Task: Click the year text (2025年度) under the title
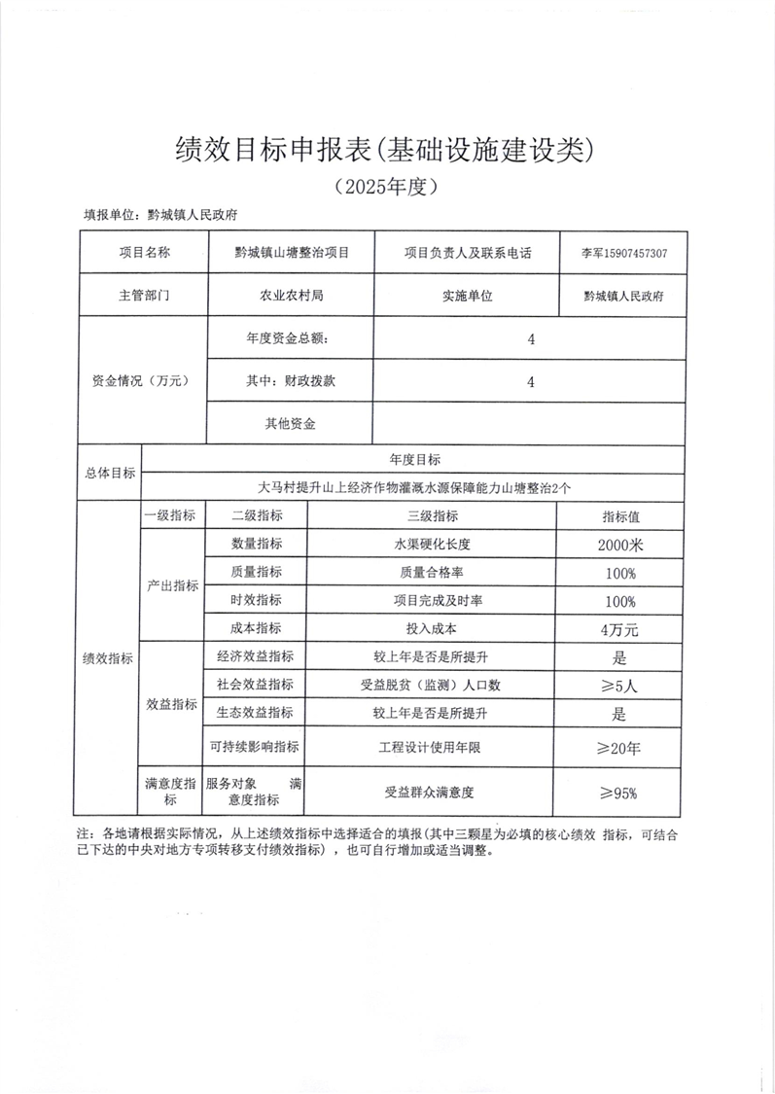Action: [x=386, y=186]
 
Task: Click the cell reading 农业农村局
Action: [x=289, y=296]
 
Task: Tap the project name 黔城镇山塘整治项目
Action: [x=291, y=252]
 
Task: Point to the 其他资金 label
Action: [x=289, y=424]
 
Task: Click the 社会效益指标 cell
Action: [x=255, y=685]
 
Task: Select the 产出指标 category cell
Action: [x=171, y=586]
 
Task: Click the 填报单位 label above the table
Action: [x=109, y=216]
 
